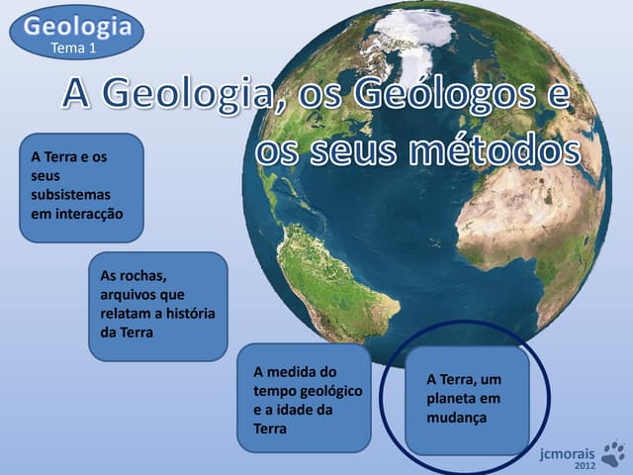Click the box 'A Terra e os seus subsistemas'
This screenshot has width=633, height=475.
pos(81,188)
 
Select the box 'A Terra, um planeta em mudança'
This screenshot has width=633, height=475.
pos(468,399)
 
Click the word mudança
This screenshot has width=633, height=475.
pos(458,418)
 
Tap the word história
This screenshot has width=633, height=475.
pos(189,314)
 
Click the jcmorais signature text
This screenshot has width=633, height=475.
pos(569,452)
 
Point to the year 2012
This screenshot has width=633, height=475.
pos(586,465)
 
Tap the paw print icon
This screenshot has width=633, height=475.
pos(613,454)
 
